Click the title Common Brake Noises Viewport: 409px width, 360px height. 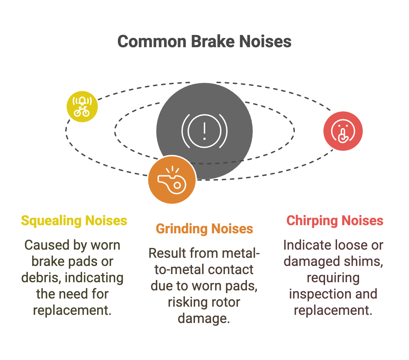204,42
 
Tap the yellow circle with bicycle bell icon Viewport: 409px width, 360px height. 82,106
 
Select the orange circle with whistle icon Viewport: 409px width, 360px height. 172,180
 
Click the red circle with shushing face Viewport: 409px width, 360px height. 343,131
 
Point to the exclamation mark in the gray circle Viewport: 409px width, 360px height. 204,131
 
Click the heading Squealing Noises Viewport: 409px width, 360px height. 74,221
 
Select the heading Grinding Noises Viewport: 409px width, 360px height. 204,229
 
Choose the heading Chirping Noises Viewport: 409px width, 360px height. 335,221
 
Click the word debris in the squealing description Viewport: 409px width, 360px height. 41,278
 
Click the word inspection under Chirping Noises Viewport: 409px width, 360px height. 319,294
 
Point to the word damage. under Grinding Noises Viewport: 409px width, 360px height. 204,319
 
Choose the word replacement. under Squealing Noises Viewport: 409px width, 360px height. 72,310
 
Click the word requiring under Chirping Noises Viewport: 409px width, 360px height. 333,278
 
